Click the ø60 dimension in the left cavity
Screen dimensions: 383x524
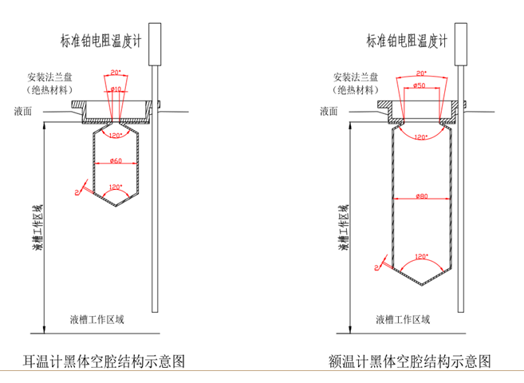(116, 161)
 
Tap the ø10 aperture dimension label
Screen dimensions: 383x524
(116, 89)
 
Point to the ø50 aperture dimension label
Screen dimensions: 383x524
(420, 85)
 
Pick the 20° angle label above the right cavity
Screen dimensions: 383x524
(421, 73)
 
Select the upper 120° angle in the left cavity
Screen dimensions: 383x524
(116, 134)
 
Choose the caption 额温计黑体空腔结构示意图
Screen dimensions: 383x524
(408, 361)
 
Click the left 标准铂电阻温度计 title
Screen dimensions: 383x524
(103, 40)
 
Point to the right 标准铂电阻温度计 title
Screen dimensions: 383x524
(408, 40)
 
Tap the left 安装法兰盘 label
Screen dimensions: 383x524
(49, 78)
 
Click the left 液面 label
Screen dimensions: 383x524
(24, 113)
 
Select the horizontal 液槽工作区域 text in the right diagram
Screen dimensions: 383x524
(402, 319)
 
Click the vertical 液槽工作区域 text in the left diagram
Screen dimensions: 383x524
(37, 227)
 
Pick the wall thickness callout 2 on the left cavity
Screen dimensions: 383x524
(76, 192)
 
